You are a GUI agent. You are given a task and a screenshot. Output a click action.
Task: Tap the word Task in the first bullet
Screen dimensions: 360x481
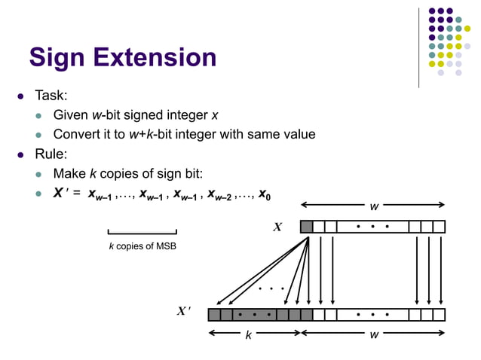tap(50, 96)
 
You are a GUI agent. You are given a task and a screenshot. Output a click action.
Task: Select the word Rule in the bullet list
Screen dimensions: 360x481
tap(51, 154)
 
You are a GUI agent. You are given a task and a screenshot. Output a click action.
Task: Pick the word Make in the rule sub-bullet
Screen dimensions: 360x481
tap(69, 174)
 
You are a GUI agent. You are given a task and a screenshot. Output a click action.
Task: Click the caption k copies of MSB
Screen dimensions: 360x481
tap(142, 247)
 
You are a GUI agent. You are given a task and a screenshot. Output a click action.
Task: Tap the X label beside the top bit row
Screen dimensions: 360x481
tap(277, 227)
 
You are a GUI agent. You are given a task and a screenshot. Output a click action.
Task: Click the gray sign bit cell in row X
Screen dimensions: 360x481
tap(306, 227)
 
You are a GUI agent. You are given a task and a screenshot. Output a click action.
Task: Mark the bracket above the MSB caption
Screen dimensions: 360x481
tap(142, 232)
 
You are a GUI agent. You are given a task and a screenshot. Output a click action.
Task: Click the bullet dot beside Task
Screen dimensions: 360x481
tap(21, 97)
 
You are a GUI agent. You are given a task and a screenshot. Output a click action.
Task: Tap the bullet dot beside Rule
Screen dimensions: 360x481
tap(21, 155)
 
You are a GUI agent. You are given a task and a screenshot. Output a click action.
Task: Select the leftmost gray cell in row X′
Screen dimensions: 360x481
tap(214, 314)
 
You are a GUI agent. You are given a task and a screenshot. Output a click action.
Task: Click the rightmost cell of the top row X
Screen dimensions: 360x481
tap(439, 227)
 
